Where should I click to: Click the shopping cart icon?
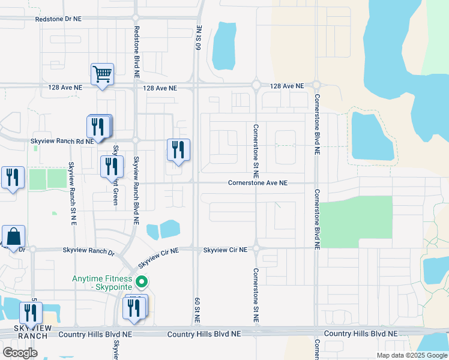point(102,75)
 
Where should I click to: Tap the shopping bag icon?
point(13,237)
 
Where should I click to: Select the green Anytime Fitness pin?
point(142,280)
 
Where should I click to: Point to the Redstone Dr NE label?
point(58,19)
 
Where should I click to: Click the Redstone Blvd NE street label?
point(137,48)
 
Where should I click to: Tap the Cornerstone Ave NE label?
point(258,183)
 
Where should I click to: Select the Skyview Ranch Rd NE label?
point(62,140)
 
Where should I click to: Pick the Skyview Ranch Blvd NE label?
point(136,190)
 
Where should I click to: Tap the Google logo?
point(20,352)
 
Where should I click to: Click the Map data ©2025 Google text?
point(411,355)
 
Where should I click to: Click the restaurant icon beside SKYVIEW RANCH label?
point(29,313)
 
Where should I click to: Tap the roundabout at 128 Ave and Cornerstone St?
point(256,86)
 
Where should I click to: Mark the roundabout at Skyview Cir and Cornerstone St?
point(256,247)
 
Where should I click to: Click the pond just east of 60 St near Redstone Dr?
point(224,46)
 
